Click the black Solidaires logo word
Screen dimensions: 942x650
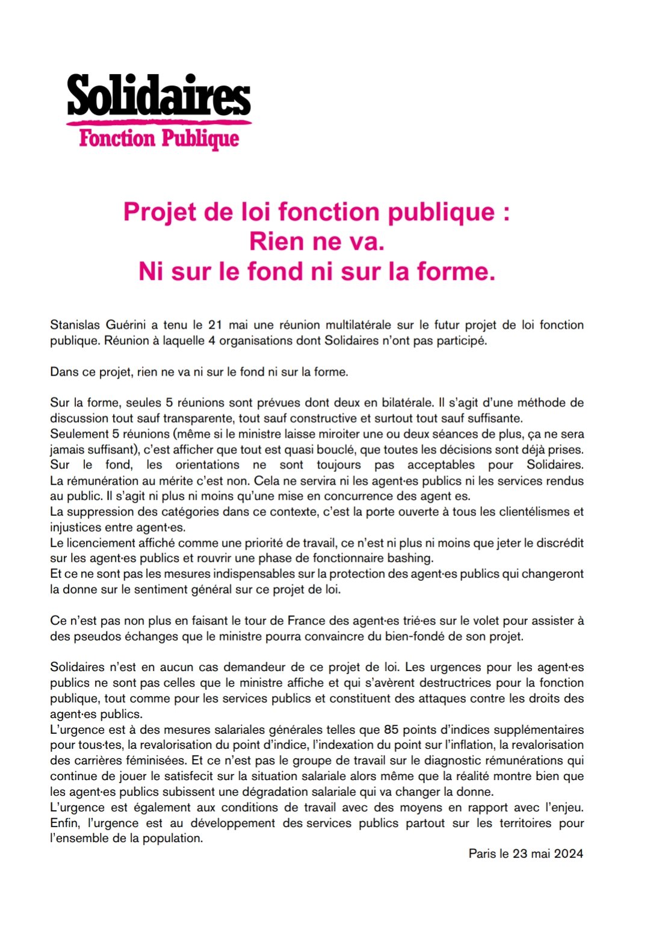click(158, 96)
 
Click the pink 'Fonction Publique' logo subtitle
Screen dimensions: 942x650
click(159, 138)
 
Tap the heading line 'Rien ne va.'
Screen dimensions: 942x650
click(317, 241)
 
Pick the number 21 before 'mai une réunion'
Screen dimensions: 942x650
click(215, 325)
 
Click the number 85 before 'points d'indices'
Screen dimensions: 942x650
click(391, 730)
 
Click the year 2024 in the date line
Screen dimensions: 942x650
click(569, 854)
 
